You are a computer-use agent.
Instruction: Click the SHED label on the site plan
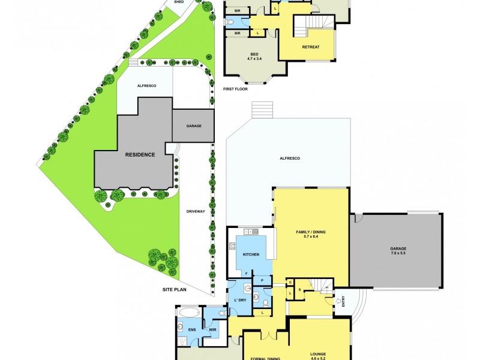179,2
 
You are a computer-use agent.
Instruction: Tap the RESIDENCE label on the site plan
140,154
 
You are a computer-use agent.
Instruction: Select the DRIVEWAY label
196,211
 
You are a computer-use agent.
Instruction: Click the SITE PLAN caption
176,289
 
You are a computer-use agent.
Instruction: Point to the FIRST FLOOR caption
235,89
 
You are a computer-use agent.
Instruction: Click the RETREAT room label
310,47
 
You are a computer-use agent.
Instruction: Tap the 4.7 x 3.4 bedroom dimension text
254,59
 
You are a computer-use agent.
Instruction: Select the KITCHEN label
251,255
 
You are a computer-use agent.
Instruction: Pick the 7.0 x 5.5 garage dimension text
398,253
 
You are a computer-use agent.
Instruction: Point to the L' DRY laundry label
236,299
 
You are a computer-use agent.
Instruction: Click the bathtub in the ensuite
188,313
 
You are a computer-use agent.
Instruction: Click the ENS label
193,329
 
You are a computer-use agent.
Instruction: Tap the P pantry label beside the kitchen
262,279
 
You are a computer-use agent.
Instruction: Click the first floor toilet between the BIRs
230,22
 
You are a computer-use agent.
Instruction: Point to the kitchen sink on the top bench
250,232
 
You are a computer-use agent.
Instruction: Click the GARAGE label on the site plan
193,126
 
